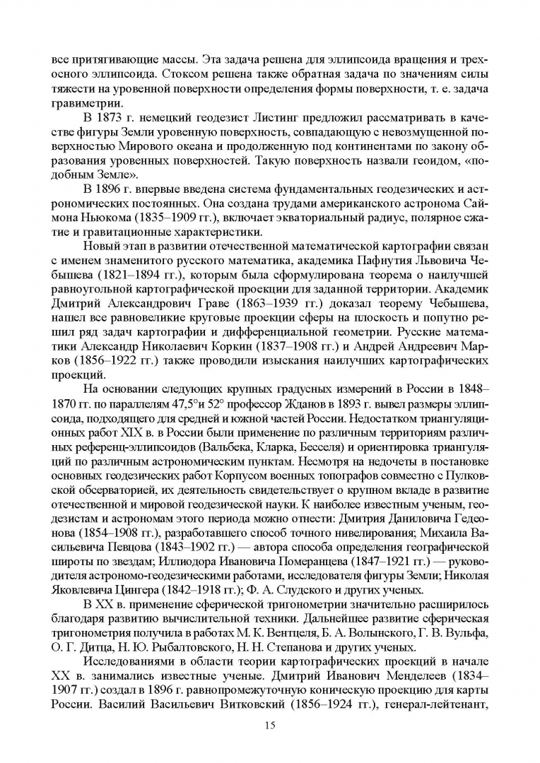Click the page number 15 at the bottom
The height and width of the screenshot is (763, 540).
click(269, 726)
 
